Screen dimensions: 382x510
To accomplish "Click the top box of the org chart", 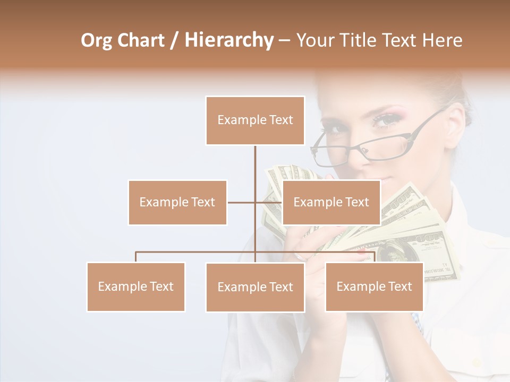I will click(255, 120).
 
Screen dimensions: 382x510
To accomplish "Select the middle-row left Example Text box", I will click(177, 202).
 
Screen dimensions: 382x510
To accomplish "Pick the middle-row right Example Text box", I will click(331, 202).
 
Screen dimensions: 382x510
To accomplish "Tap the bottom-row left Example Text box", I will click(136, 286).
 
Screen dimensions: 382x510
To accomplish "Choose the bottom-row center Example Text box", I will click(255, 287).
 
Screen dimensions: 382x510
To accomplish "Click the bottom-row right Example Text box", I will click(374, 286).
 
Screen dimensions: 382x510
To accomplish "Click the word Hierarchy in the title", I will click(228, 40).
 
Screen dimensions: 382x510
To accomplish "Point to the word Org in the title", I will click(96, 40).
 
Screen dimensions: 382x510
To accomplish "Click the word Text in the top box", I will click(281, 120).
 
